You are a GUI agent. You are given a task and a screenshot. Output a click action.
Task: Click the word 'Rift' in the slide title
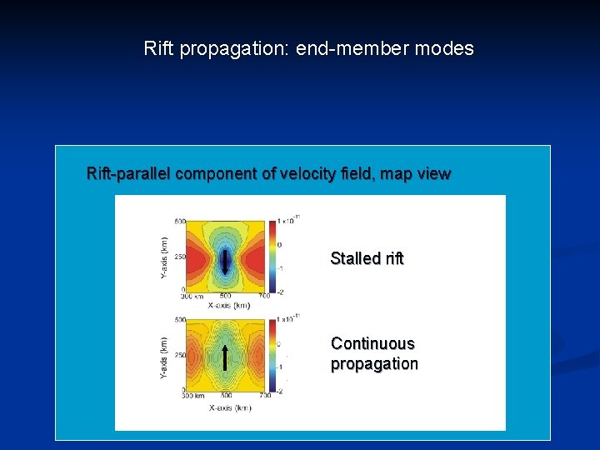[x=158, y=48]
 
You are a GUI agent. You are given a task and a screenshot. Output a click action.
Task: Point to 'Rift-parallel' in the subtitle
[x=132, y=174]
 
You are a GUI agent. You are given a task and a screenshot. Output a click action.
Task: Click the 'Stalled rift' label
[x=367, y=258]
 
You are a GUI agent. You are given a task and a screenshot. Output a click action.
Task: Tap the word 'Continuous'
[x=372, y=343]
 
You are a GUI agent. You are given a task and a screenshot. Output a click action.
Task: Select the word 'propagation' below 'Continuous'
[x=374, y=364]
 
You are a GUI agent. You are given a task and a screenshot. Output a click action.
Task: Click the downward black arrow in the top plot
[x=225, y=261]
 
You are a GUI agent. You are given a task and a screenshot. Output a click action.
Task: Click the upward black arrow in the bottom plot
[x=225, y=357]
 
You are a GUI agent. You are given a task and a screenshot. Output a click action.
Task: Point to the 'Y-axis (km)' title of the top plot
[x=162, y=257]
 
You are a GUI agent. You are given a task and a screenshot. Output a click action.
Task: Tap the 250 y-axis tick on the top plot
[x=179, y=257]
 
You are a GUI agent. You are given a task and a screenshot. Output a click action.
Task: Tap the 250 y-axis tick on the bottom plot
[x=179, y=355]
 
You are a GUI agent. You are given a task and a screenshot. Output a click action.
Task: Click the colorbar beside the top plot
[x=271, y=256]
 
